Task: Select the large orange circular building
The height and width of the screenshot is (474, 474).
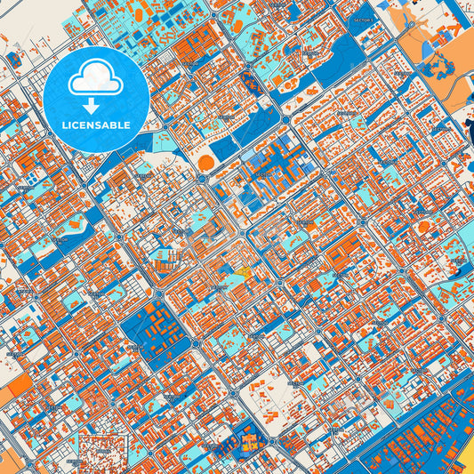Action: click(206, 163)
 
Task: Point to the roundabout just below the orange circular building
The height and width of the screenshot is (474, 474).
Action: click(203, 178)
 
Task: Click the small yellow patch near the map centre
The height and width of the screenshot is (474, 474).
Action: click(242, 269)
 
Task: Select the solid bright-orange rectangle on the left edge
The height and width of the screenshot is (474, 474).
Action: click(15, 387)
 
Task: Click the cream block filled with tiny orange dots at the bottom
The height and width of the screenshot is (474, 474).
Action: click(102, 449)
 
